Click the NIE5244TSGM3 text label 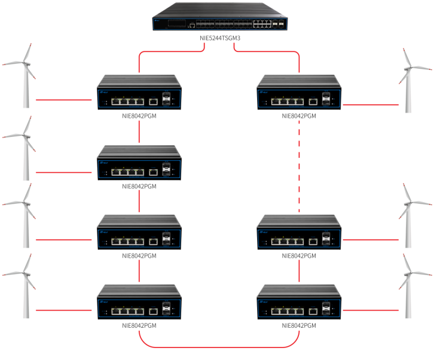219,38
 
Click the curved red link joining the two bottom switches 219,346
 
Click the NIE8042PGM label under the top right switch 298,116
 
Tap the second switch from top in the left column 139,163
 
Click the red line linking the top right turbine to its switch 371,105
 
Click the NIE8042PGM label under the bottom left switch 139,326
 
